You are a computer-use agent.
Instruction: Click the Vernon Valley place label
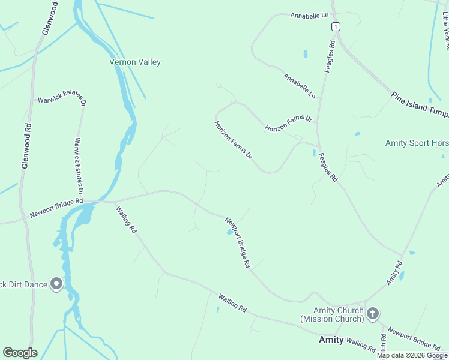coord(135,62)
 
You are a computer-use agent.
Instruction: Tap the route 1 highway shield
coord(335,26)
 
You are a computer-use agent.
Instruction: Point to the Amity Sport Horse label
coord(417,143)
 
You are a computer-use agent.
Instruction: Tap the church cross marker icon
coord(373,313)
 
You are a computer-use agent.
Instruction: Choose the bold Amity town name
coord(331,340)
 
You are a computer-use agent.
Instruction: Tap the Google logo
coord(20,353)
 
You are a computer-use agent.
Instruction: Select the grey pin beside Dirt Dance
coord(57,284)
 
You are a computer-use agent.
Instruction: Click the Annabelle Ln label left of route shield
coord(309,15)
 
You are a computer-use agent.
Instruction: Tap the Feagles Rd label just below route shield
coord(329,56)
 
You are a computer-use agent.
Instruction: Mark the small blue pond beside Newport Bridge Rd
coord(229,233)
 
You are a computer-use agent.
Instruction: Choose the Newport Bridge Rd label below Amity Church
coord(414,338)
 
